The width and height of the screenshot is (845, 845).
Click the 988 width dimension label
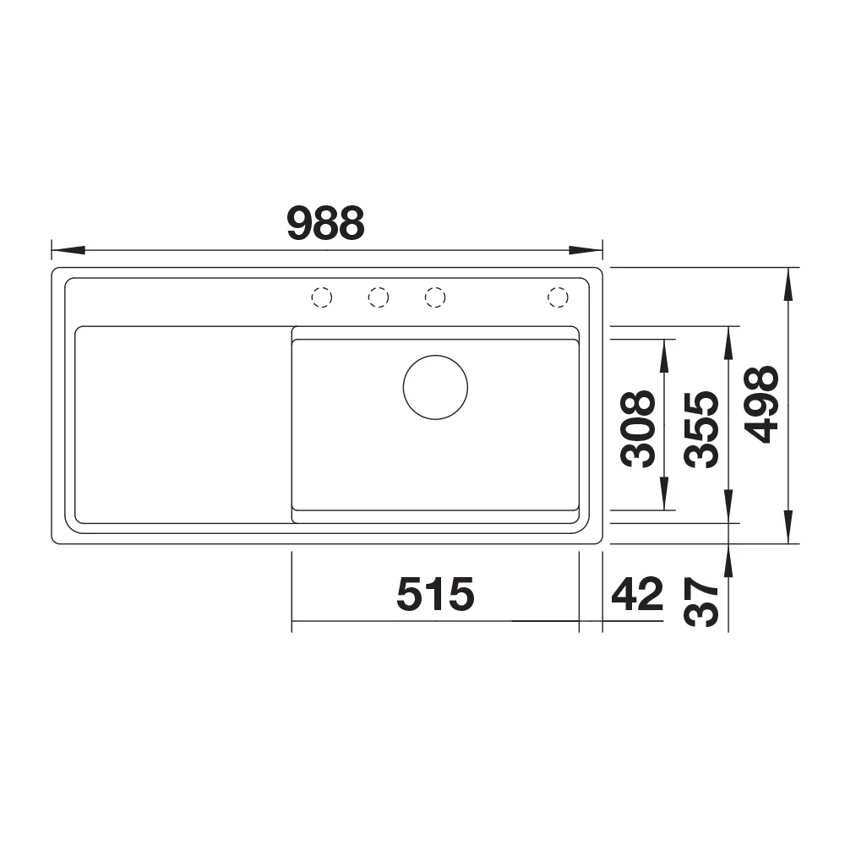click(326, 223)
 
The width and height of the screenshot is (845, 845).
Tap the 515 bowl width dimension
click(435, 594)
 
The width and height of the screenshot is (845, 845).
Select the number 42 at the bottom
click(637, 594)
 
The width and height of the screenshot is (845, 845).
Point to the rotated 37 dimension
click(701, 602)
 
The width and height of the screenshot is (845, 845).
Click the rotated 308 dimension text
click(638, 428)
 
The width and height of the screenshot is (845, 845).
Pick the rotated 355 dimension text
click(701, 428)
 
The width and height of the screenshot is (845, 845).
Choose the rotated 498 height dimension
click(761, 405)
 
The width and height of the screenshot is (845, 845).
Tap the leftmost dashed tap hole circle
click(322, 297)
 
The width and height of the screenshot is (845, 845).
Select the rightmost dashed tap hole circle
click(558, 297)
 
